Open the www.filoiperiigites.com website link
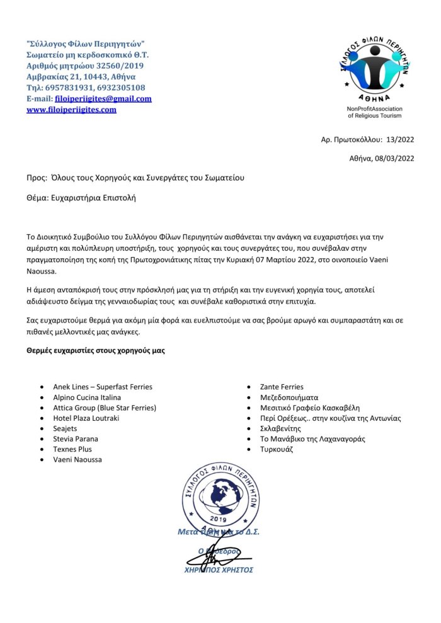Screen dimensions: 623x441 pyautogui.click(x=71, y=110)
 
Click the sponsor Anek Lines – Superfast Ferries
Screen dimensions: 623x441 pyautogui.click(x=103, y=387)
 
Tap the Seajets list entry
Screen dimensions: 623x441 pyautogui.click(x=66, y=428)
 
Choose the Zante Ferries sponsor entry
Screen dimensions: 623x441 pyautogui.click(x=282, y=387)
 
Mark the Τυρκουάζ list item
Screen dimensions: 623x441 pyautogui.click(x=277, y=449)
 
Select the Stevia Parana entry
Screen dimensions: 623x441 pyautogui.click(x=76, y=439)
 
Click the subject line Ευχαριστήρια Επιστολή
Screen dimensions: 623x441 pyautogui.click(x=96, y=198)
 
